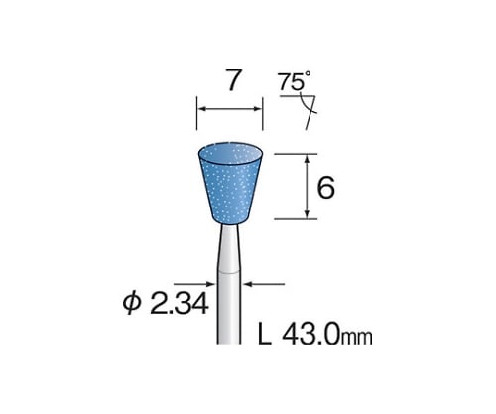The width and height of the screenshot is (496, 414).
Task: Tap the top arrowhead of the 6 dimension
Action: pos(309,157)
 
